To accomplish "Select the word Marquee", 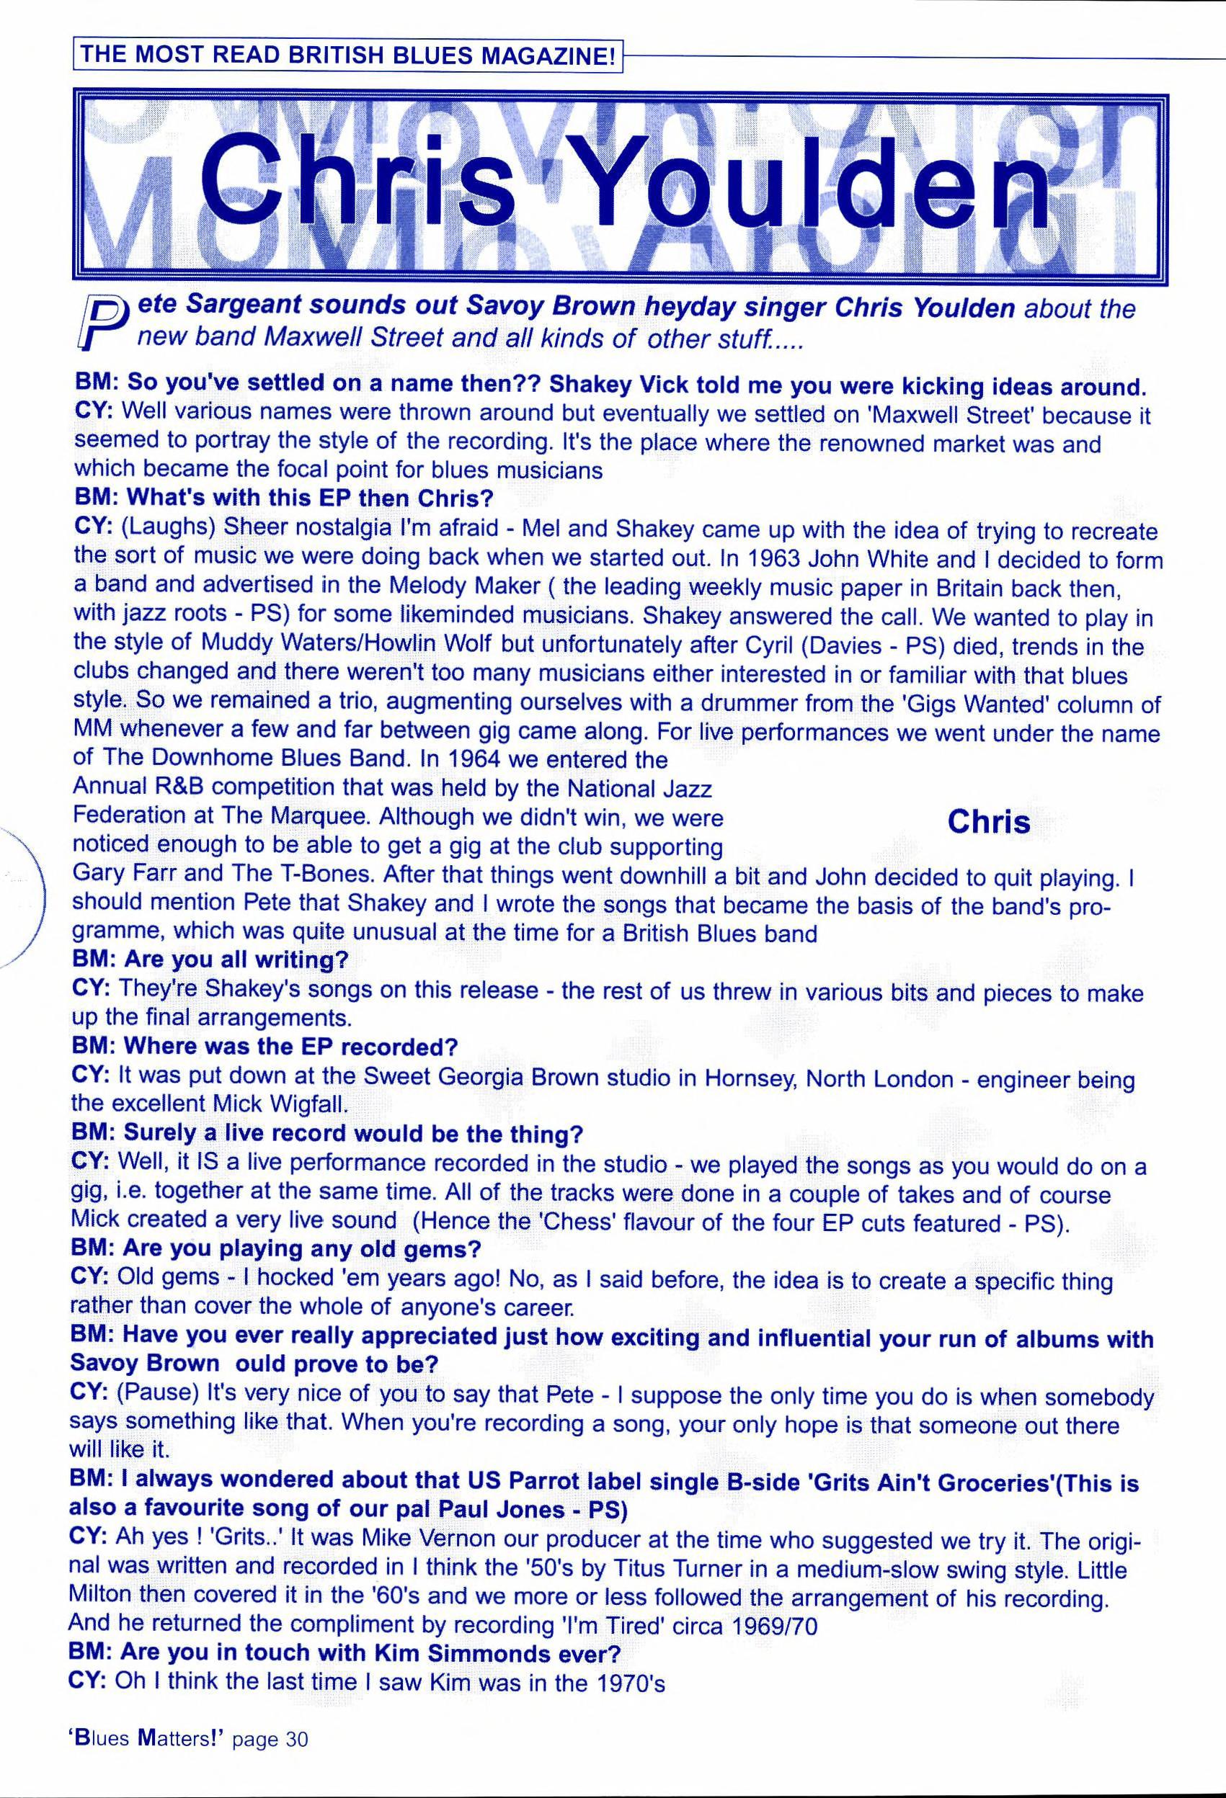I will [x=302, y=818].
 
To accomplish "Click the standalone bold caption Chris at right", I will [x=989, y=822].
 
